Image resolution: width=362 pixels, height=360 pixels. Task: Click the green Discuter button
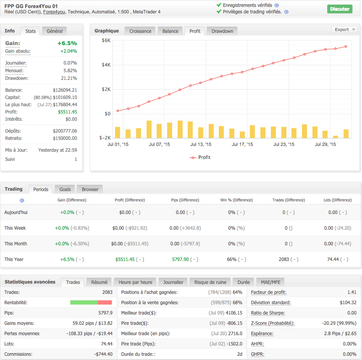coord(339,9)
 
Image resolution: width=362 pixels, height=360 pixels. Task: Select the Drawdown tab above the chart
coord(222,31)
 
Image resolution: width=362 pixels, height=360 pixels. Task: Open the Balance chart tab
coord(170,31)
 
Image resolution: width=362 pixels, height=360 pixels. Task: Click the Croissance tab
coord(140,31)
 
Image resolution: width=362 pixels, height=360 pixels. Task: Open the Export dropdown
coord(344,29)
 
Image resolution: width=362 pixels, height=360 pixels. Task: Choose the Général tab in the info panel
coord(55,31)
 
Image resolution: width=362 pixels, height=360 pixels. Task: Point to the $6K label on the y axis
coord(106,41)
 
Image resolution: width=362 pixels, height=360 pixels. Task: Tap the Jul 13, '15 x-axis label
coord(201,144)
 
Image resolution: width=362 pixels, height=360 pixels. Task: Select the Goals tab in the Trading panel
coord(65,189)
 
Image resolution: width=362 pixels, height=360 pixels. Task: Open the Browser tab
coord(90,189)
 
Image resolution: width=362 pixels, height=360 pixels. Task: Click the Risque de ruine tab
coord(210,282)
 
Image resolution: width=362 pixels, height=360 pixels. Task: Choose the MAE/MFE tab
coord(270,282)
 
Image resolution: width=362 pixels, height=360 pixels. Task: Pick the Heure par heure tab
coord(135,282)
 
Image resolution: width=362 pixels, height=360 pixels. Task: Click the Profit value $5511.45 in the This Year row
coord(125,259)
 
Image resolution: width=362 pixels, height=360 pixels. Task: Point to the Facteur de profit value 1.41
coord(352,292)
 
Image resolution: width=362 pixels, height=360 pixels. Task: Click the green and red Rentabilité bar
coord(91,303)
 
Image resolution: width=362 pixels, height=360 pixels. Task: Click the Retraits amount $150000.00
coord(65,138)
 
